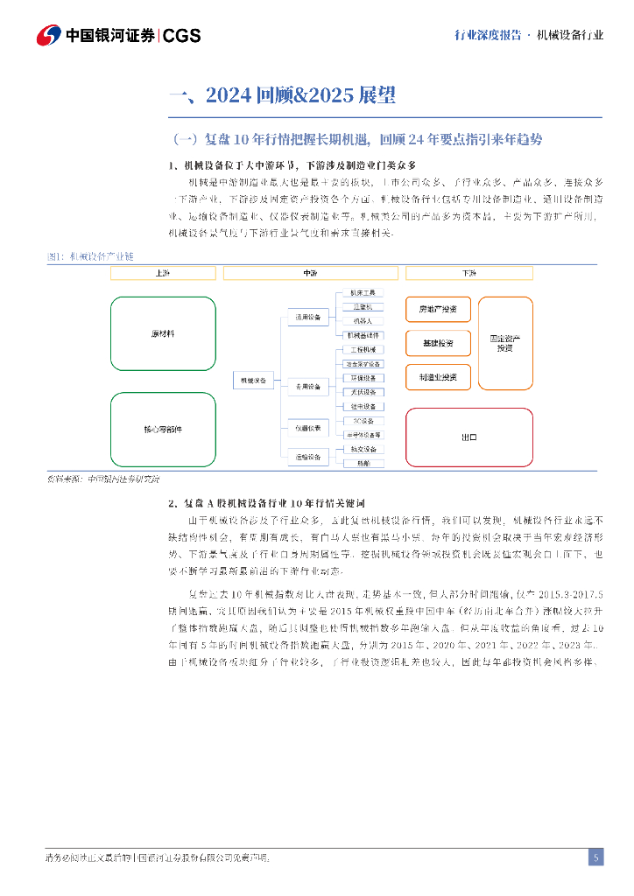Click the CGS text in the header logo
point(182,35)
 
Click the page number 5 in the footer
point(595,857)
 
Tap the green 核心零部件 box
point(163,430)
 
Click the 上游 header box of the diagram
point(162,274)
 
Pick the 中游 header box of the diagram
point(310,274)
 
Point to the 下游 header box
point(469,274)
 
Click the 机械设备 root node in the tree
point(253,380)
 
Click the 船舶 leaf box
point(362,463)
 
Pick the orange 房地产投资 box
point(438,310)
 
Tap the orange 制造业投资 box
point(438,377)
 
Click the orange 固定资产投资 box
point(505,343)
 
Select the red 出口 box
point(469,434)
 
